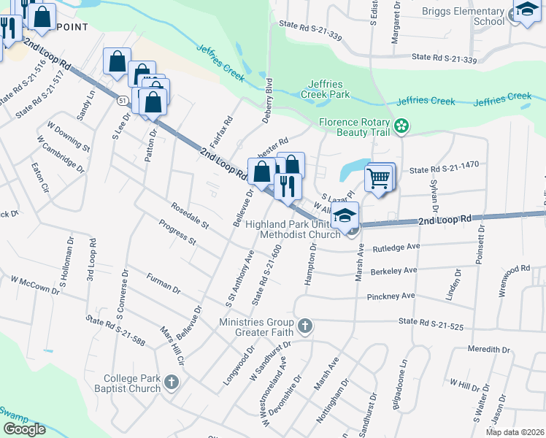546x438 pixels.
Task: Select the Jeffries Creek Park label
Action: [x=326, y=89]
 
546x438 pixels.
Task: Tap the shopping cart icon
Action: [x=379, y=178]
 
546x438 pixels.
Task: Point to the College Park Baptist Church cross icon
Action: [x=170, y=383]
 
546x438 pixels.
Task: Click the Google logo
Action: [x=24, y=429]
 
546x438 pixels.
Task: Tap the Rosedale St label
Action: [x=190, y=215]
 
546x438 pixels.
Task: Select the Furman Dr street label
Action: [x=163, y=284]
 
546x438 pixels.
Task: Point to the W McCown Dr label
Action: [x=35, y=285]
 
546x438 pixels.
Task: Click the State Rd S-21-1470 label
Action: [x=444, y=166]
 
